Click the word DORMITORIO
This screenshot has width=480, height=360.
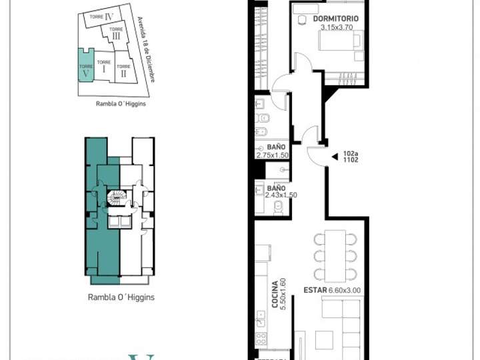click(x=335, y=19)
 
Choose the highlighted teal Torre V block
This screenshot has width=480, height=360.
click(x=85, y=65)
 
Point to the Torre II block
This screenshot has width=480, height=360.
click(x=123, y=71)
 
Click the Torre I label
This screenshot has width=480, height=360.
click(x=103, y=67)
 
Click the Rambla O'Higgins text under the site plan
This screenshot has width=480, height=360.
click(x=117, y=104)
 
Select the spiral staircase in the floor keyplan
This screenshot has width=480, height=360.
click(x=116, y=198)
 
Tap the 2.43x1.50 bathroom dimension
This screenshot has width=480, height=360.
click(x=280, y=195)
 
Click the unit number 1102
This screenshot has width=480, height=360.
click(x=351, y=160)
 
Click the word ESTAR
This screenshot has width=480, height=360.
click(x=315, y=290)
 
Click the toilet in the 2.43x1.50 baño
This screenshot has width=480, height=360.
click(x=280, y=208)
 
